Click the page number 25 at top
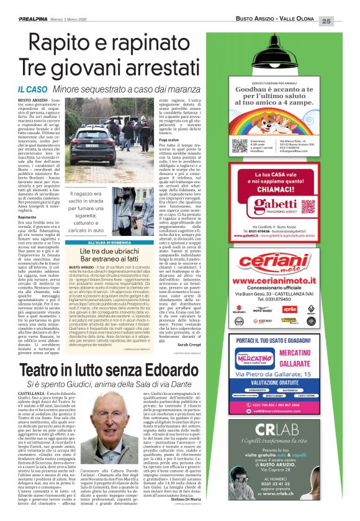point(343,21)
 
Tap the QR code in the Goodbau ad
point(240,146)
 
